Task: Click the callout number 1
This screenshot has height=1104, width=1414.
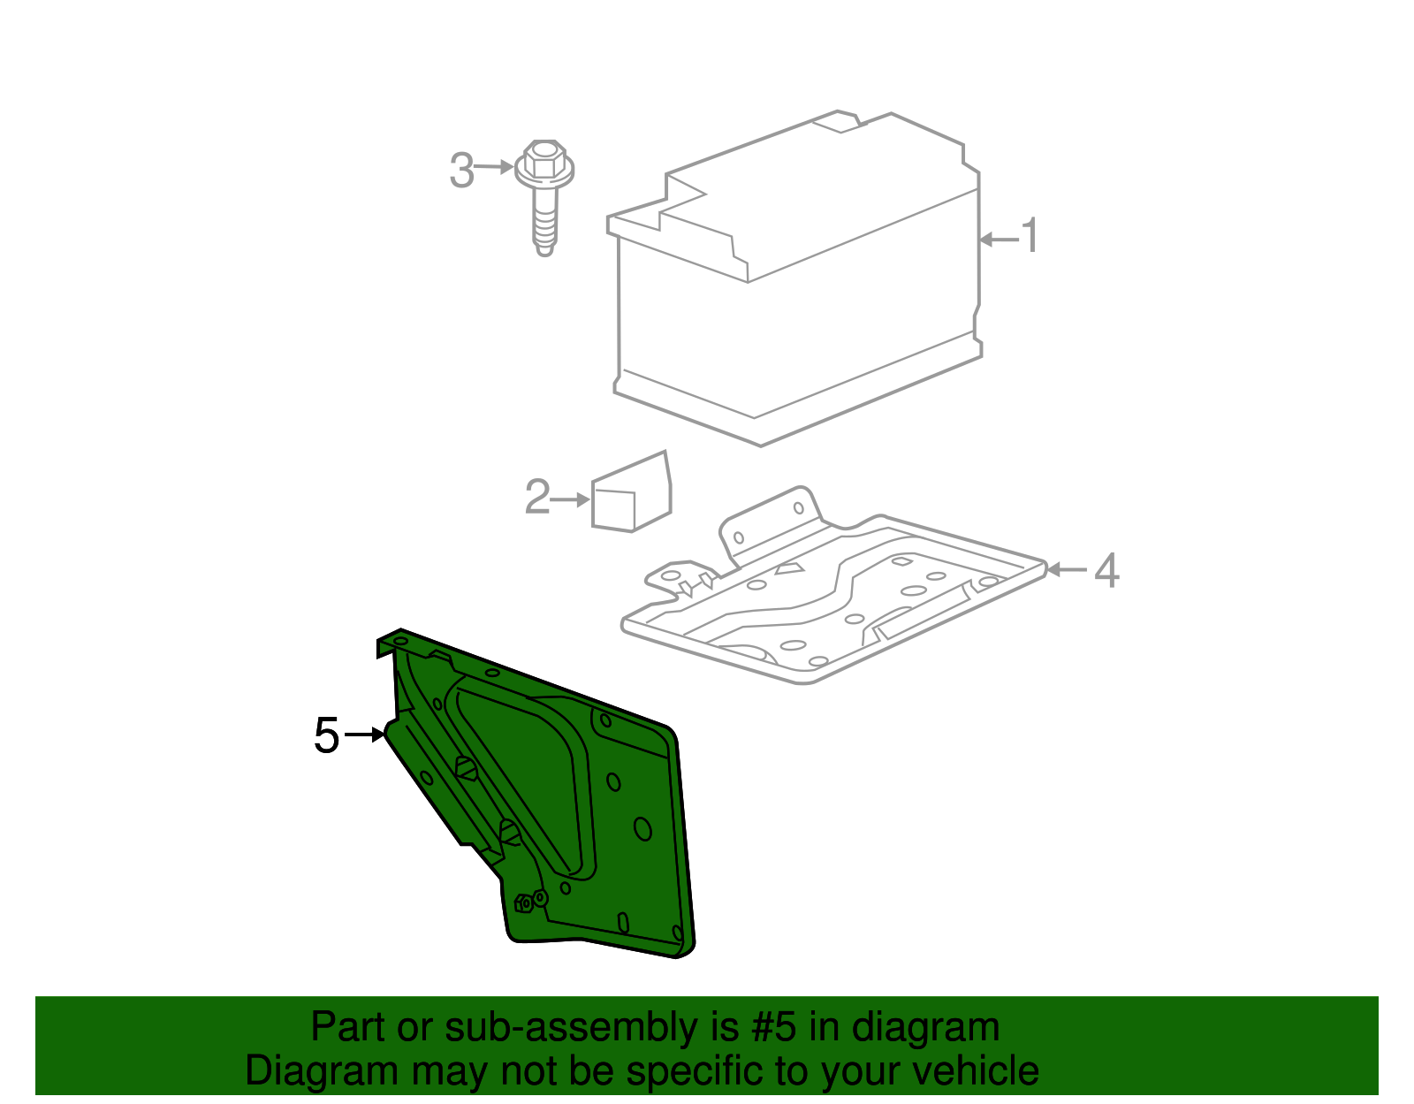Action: click(1030, 235)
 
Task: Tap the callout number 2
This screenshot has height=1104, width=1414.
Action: click(537, 497)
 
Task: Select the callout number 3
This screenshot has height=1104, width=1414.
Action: click(461, 171)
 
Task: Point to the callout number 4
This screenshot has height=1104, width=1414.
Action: click(1106, 570)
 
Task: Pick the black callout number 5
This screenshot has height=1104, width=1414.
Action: click(327, 735)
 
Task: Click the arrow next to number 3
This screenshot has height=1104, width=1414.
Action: click(493, 167)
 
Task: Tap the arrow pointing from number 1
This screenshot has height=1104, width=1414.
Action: click(1000, 240)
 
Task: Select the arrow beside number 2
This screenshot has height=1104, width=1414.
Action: click(570, 499)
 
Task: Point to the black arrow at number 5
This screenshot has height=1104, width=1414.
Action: click(365, 735)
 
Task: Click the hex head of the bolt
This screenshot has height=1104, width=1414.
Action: click(544, 160)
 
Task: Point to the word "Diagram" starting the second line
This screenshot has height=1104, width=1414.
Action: click(322, 1071)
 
